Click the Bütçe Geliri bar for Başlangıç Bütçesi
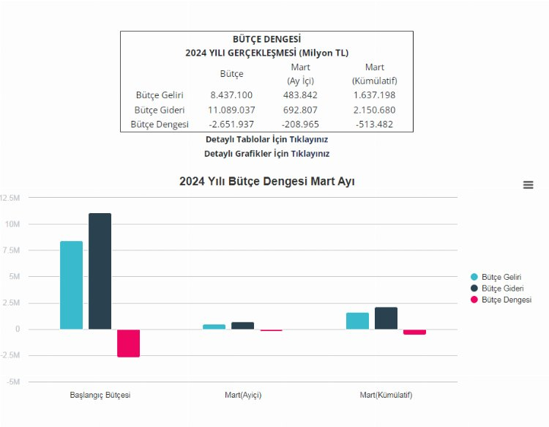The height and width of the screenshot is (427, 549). (71, 285)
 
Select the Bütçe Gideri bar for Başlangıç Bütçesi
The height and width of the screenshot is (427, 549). (100, 271)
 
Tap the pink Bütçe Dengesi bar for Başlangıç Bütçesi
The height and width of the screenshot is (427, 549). (128, 343)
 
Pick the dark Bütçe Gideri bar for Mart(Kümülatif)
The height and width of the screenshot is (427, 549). (386, 319)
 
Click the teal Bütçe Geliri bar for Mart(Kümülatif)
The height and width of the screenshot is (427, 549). (357, 321)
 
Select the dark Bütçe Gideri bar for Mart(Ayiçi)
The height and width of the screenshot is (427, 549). (242, 326)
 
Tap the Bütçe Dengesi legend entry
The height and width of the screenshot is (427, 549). (500, 300)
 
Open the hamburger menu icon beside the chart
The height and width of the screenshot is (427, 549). (528, 185)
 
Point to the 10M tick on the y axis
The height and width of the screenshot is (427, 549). (12, 224)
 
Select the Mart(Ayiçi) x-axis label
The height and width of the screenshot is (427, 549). (243, 396)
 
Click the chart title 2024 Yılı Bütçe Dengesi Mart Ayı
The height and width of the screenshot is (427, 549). (266, 182)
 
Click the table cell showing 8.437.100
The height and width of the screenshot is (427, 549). (231, 95)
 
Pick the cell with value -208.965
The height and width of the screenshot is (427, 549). (301, 125)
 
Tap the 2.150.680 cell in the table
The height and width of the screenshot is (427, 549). (374, 110)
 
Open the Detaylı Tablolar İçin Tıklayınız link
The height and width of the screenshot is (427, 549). (266, 139)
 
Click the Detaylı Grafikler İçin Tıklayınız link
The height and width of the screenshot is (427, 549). (266, 154)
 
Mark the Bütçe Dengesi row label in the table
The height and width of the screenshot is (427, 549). (160, 125)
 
